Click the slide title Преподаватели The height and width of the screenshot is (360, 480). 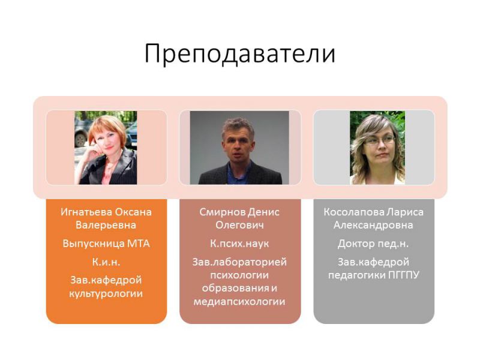click(x=239, y=54)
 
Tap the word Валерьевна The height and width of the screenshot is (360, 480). click(x=106, y=226)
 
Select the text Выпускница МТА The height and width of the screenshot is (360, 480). click(x=106, y=244)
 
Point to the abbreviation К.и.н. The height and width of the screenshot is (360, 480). click(x=106, y=262)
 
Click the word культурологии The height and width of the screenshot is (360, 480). click(x=106, y=294)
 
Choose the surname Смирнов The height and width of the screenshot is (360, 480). click(x=222, y=212)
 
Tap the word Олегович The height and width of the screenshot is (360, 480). click(x=239, y=226)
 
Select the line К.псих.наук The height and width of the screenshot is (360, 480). click(x=239, y=244)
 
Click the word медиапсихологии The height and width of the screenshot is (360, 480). click(x=239, y=302)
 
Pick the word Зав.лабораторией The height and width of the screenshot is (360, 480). click(x=239, y=262)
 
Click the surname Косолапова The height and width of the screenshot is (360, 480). click(x=354, y=212)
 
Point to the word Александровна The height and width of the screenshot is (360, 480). click(x=373, y=226)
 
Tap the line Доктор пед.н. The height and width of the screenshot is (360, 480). click(x=373, y=244)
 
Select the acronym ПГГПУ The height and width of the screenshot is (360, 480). click(x=404, y=275)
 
